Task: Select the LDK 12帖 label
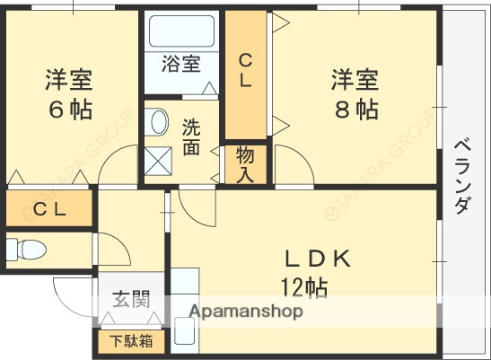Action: pos(315,272)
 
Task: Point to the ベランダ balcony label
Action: pos(462,175)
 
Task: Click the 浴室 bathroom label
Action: pos(180,65)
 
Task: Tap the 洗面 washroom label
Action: pos(190,136)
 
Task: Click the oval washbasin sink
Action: pos(159,122)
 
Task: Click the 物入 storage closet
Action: pos(246,163)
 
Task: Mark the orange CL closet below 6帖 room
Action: pos(48,210)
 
